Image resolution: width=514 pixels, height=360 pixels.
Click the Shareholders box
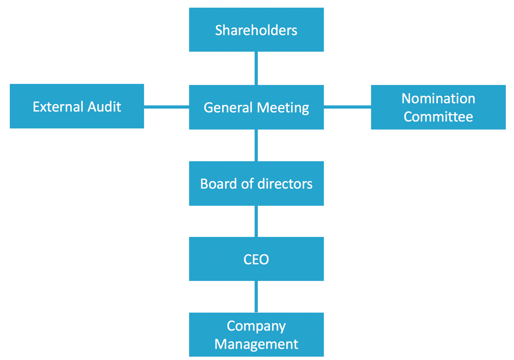(256, 30)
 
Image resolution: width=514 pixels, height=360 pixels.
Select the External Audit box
(77, 106)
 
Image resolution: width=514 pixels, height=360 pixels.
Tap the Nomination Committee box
(438, 107)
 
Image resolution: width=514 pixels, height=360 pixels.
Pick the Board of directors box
(256, 183)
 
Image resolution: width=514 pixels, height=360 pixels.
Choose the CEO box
(256, 259)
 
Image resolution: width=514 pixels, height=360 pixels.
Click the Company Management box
(256, 335)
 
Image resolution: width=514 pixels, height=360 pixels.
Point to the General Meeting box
(256, 108)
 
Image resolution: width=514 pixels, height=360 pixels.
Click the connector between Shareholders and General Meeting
(256, 68)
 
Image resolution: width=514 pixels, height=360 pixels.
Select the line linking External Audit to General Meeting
(166, 107)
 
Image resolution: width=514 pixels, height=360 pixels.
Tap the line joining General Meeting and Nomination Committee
(347, 107)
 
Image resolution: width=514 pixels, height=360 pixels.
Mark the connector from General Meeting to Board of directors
(256, 145)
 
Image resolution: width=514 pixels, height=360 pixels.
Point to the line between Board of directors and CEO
(256, 221)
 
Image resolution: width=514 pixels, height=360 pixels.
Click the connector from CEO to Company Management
(256, 297)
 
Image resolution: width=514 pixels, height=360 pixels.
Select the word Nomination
(438, 99)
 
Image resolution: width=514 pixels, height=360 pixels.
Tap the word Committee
(438, 117)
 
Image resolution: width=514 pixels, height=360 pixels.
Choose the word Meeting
(283, 108)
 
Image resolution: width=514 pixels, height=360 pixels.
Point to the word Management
(256, 345)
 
